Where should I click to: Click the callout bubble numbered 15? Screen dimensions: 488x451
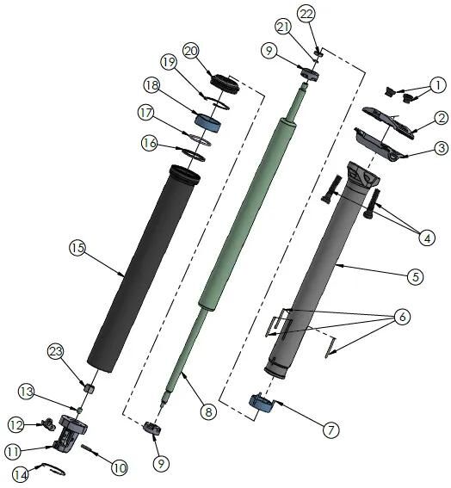[x=77, y=248]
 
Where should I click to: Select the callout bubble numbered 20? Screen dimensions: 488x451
[x=191, y=50]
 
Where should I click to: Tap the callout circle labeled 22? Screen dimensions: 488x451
[x=307, y=13]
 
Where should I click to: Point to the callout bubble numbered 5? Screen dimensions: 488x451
[x=415, y=276]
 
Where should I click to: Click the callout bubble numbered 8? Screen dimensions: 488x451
[x=207, y=412]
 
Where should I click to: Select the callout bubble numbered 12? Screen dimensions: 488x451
[x=16, y=424]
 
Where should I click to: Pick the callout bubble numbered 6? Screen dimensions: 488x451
[x=400, y=318]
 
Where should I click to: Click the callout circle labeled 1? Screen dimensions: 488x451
[x=438, y=85]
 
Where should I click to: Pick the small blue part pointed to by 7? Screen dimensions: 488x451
[x=261, y=402]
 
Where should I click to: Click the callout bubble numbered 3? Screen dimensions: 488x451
[x=440, y=148]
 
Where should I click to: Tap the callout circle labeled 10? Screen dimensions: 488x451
[x=118, y=467]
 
